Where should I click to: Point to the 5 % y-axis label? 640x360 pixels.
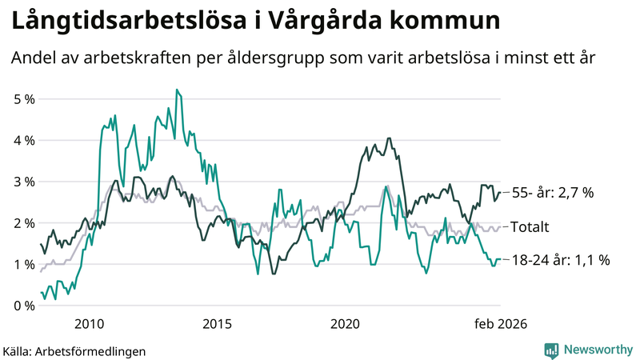coord(25,99)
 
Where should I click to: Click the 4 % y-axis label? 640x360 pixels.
coord(25,140)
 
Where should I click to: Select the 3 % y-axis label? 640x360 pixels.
coord(25,182)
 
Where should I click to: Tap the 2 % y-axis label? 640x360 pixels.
coord(25,223)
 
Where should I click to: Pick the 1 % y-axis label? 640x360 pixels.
coord(25,265)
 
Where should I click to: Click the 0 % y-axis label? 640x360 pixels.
coord(25,306)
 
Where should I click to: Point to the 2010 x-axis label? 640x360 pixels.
coord(89,323)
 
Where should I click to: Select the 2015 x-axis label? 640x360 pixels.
coord(217,323)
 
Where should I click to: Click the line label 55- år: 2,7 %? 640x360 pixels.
coord(552,193)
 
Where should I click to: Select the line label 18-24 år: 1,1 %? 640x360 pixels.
coord(560,260)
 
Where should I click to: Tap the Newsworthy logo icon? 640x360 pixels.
coord(551,350)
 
